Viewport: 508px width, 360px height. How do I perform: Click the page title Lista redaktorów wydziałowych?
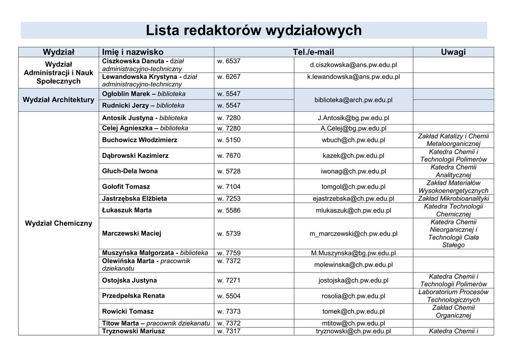click(x=254, y=31)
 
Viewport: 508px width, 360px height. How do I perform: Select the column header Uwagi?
click(x=453, y=52)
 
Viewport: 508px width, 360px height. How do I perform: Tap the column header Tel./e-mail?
click(x=314, y=52)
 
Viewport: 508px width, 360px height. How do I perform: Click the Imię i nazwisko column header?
click(x=132, y=52)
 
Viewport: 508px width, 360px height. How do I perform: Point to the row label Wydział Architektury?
click(x=59, y=100)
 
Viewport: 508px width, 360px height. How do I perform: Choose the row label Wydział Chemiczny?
click(x=59, y=223)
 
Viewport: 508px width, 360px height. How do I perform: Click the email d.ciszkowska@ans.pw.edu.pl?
click(x=353, y=65)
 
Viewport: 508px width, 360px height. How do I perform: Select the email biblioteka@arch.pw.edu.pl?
click(x=353, y=100)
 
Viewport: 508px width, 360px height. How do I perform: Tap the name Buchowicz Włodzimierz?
click(x=139, y=140)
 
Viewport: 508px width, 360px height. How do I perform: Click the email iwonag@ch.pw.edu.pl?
click(x=353, y=171)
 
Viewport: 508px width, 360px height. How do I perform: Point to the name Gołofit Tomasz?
click(x=126, y=187)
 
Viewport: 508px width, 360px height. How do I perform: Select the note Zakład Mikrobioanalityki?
click(x=453, y=199)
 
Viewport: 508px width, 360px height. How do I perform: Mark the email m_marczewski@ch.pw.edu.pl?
click(x=353, y=233)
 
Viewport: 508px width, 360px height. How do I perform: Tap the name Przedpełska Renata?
click(x=133, y=296)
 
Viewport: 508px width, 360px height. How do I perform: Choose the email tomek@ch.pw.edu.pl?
click(x=353, y=311)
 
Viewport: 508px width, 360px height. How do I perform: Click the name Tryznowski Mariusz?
click(x=133, y=331)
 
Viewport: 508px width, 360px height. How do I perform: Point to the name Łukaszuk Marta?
click(x=127, y=210)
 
